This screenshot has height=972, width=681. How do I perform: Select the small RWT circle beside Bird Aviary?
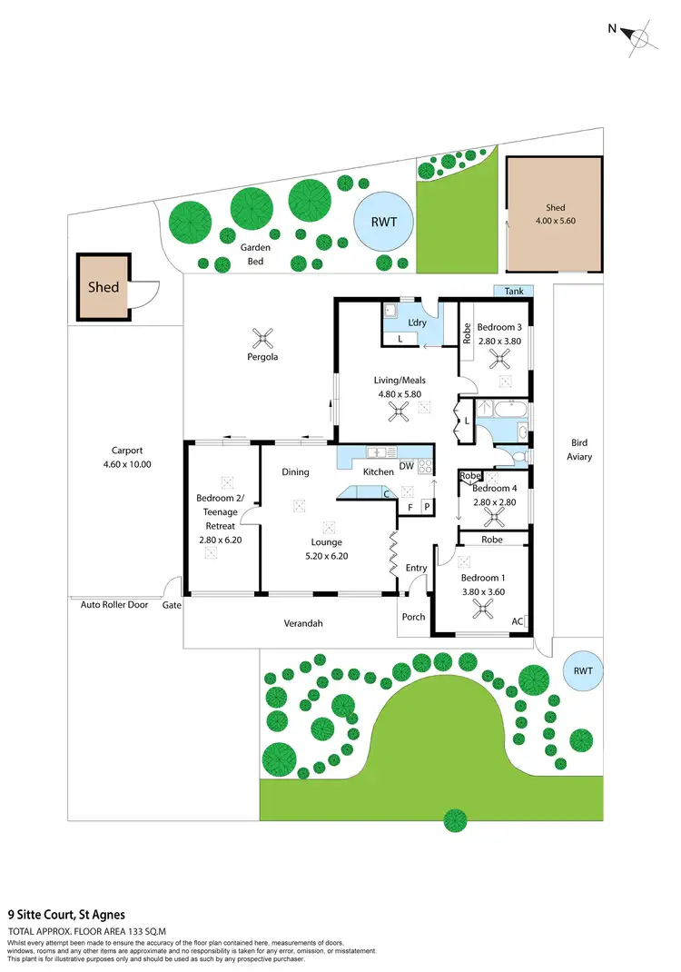coord(582,672)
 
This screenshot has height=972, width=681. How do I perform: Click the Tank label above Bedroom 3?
coord(513,291)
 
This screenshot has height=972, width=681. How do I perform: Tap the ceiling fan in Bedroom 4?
coord(495,516)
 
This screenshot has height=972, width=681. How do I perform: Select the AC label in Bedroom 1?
coord(518,622)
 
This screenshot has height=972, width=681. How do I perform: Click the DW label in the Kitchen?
coord(407,466)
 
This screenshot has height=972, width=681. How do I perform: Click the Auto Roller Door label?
coord(113,604)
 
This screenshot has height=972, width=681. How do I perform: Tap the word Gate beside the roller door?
coord(172,604)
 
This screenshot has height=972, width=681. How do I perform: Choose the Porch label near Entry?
coord(413,617)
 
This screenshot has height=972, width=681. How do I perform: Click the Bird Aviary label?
coord(579,450)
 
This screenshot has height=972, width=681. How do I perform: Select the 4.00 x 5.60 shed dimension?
coord(554,221)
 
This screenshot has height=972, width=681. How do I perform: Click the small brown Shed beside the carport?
coord(104,287)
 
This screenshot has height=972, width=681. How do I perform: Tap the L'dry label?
coord(418,323)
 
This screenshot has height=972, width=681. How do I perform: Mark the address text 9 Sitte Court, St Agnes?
coord(66,915)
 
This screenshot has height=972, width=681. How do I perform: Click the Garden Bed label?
coord(255,253)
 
